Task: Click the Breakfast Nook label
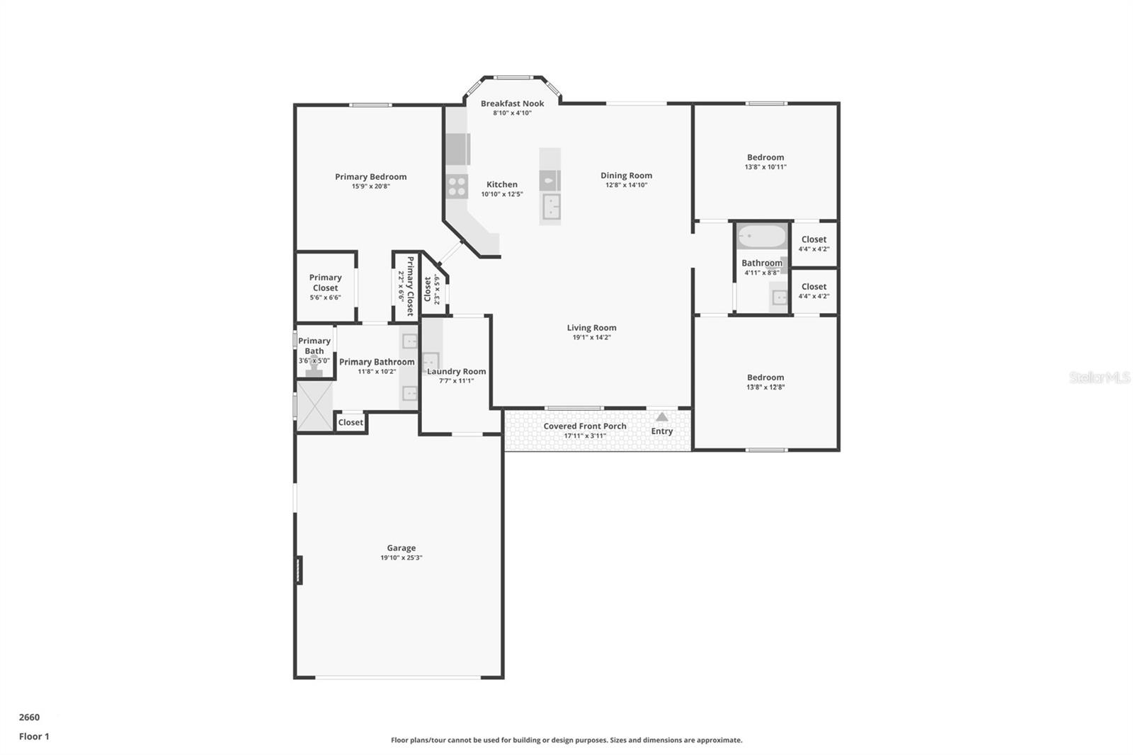click(x=512, y=103)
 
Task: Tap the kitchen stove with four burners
click(x=457, y=187)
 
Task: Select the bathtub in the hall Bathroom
click(x=761, y=237)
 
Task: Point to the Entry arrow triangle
click(x=661, y=417)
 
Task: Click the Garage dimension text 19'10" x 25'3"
click(x=401, y=558)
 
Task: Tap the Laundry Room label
click(x=456, y=371)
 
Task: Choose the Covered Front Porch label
click(x=584, y=426)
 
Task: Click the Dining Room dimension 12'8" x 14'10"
click(x=626, y=186)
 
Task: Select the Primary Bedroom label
click(x=370, y=177)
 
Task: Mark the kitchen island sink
click(x=551, y=208)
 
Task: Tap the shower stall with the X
click(x=314, y=406)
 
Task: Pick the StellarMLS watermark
click(x=1099, y=377)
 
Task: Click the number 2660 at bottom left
click(x=29, y=717)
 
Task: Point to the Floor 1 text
click(x=34, y=737)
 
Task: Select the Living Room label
click(x=591, y=328)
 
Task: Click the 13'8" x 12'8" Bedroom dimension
click(x=765, y=387)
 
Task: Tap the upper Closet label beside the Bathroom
click(x=814, y=239)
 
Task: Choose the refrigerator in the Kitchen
click(x=457, y=149)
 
